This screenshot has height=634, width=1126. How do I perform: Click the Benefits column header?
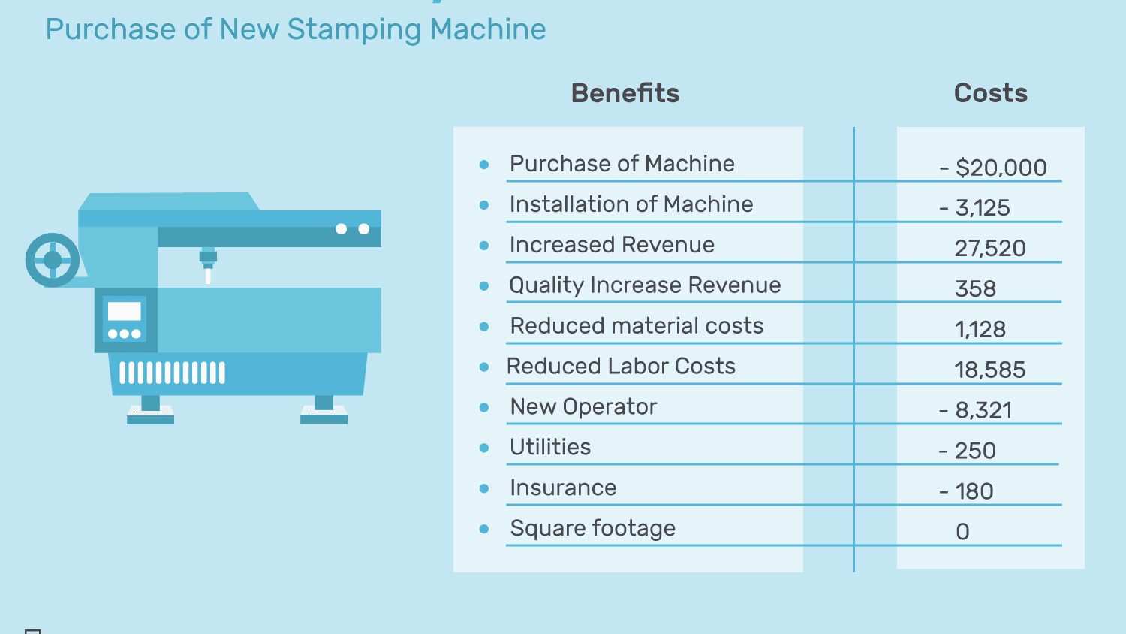625,93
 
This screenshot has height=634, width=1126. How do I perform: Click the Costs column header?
990,93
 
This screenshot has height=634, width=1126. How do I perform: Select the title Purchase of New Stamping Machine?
296,29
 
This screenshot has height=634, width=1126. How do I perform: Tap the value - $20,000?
993,168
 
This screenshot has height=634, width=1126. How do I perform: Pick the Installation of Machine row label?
631,204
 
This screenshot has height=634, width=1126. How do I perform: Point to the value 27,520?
989,249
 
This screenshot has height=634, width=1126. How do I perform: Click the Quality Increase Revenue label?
645,285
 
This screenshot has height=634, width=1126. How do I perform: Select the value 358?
975,289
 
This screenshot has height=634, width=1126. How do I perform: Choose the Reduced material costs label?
637,326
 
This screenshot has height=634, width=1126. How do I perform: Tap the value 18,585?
989,370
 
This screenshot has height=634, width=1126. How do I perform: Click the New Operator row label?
583,407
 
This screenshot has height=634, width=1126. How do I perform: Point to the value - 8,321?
975,411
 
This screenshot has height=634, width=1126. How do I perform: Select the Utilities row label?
550,448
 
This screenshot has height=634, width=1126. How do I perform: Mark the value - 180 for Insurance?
966,492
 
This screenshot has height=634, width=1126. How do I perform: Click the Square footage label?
592,529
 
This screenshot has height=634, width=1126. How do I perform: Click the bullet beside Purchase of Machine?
484,165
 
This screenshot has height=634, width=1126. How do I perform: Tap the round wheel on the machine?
53,260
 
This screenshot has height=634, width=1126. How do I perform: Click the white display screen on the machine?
125,311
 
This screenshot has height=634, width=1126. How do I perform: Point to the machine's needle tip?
208,278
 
